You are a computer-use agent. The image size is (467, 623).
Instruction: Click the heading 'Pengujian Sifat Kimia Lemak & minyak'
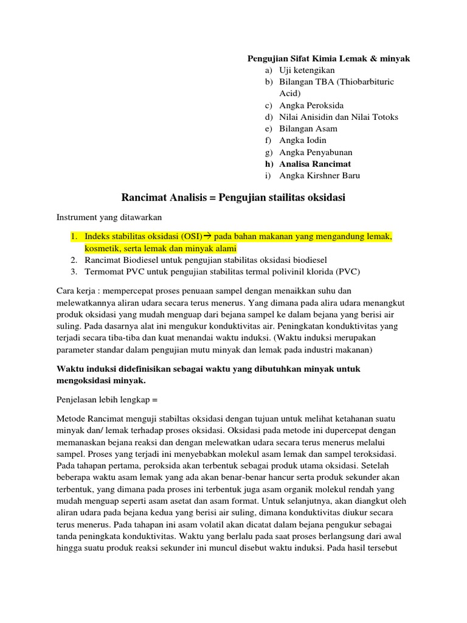tap(328, 58)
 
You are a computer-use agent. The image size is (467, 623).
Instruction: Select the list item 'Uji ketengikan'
tap(307, 70)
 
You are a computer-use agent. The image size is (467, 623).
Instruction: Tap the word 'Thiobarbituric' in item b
tap(353, 82)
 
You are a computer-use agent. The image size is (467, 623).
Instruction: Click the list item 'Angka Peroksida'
tap(311, 105)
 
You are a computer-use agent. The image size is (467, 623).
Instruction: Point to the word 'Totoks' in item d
tap(386, 117)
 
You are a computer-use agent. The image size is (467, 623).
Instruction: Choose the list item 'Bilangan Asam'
tap(308, 128)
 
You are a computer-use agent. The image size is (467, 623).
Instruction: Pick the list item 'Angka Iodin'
tap(303, 140)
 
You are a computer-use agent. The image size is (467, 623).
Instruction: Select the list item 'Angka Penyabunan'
tap(316, 152)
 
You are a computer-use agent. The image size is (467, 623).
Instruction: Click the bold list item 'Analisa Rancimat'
tap(315, 164)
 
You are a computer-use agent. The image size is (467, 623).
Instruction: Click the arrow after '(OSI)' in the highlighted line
tap(207, 236)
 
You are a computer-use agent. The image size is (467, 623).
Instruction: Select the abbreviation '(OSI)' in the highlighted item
tap(190, 236)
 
